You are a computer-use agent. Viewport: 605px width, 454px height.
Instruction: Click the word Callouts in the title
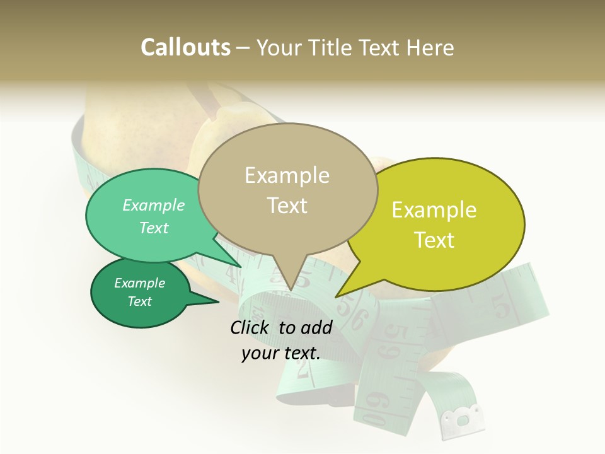(185, 47)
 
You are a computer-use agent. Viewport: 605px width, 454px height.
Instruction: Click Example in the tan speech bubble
(287, 175)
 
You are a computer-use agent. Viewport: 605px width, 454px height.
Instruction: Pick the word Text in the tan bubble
(287, 205)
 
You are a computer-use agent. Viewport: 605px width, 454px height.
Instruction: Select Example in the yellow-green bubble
(434, 210)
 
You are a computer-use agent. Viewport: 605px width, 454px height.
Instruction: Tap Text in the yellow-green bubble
(434, 240)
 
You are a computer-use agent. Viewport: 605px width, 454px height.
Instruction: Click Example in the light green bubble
(154, 206)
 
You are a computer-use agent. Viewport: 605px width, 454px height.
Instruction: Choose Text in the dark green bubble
(140, 301)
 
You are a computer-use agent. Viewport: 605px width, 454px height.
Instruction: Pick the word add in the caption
(316, 327)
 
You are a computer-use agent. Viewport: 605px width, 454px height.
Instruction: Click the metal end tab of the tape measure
(463, 418)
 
